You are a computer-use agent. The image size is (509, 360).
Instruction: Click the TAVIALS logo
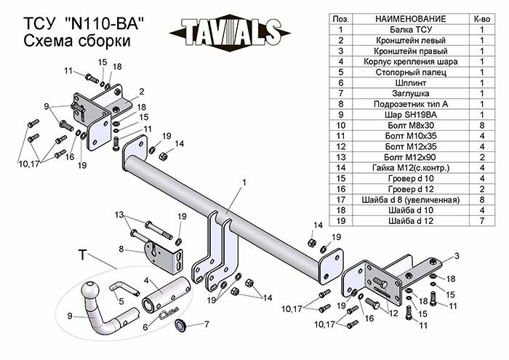click(x=226, y=32)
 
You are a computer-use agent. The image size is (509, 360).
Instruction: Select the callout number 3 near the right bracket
click(x=458, y=255)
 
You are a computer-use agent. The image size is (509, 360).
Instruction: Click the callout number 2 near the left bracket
click(x=142, y=91)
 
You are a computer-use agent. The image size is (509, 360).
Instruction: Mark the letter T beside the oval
click(x=82, y=255)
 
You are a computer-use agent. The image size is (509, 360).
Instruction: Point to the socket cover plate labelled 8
click(x=164, y=255)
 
